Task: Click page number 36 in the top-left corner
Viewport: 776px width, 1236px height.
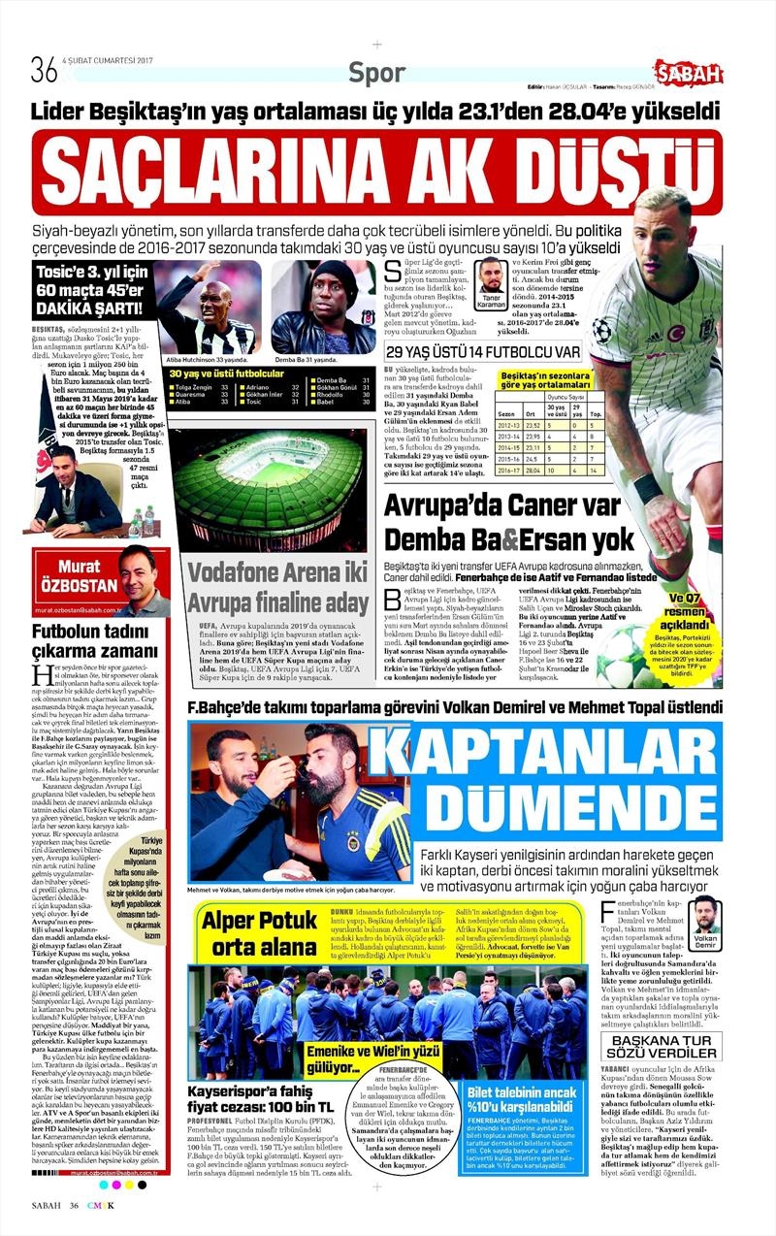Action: point(44,70)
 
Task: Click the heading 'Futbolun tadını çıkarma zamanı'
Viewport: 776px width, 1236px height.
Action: point(90,642)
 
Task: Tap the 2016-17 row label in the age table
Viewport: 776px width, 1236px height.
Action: point(508,471)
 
